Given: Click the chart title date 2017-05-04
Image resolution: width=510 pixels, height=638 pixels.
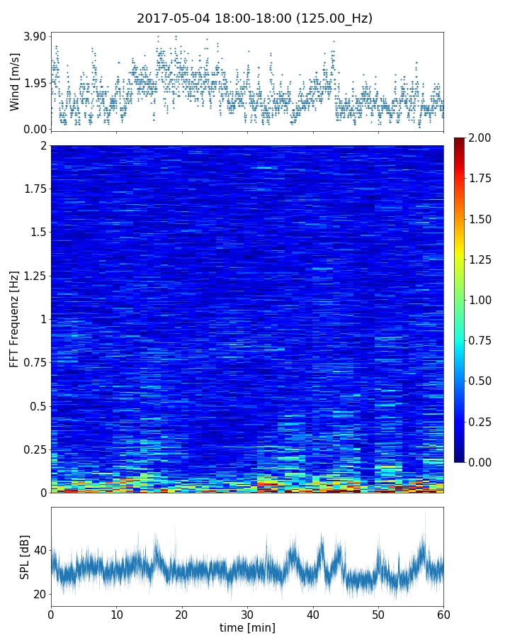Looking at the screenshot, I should click(x=170, y=18).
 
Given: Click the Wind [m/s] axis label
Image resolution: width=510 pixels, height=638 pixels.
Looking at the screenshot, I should click(x=15, y=82).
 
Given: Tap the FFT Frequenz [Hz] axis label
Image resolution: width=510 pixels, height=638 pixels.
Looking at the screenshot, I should click(x=15, y=318).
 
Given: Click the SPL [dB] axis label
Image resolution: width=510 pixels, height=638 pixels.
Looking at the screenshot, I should click(x=25, y=556).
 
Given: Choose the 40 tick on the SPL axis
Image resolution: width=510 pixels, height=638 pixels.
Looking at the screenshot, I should click(x=40, y=550).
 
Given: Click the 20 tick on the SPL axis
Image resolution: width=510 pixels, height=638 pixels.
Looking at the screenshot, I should click(x=40, y=594).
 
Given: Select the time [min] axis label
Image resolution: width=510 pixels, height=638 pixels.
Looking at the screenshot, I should click(x=247, y=627).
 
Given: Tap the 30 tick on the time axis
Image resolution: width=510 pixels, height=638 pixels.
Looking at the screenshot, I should click(x=247, y=612).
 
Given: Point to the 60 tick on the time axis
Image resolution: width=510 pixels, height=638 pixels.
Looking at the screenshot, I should click(x=443, y=612).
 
